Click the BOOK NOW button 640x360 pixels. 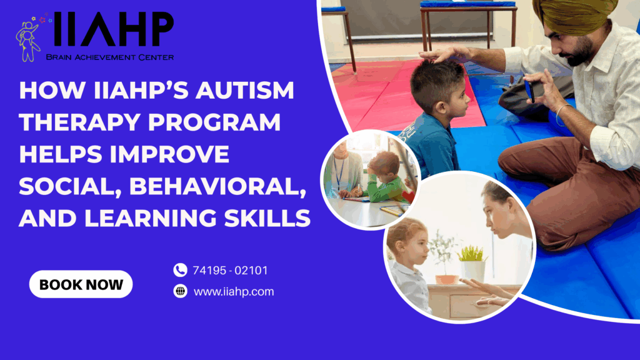(x=81, y=284)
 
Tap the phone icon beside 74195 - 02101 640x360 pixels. (x=180, y=270)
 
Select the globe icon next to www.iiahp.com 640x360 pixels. (x=180, y=291)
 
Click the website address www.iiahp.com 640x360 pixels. (x=234, y=291)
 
